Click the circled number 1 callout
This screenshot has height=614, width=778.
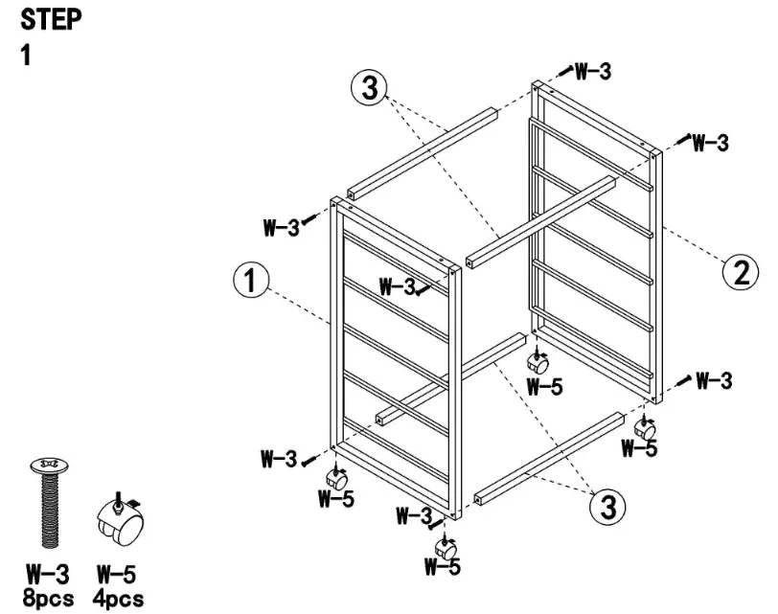click(251, 282)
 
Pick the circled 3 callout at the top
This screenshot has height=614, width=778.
click(369, 88)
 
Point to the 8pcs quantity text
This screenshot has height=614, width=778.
click(47, 598)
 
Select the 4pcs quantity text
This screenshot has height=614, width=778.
click(119, 598)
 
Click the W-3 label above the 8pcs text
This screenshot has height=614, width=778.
click(46, 576)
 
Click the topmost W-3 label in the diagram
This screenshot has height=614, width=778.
click(593, 71)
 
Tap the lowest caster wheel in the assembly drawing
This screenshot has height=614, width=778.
click(446, 549)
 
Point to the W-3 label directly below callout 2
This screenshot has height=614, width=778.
click(714, 380)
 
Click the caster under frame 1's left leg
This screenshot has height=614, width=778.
click(337, 478)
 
